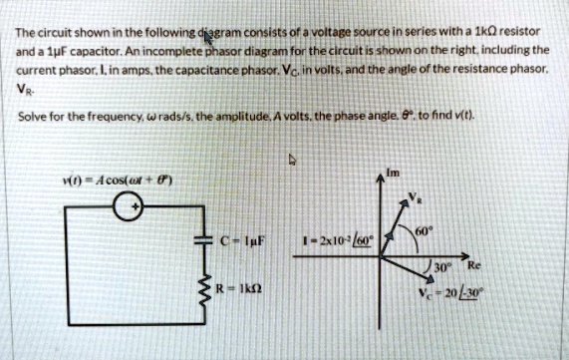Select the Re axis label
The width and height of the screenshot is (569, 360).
pyautogui.click(x=488, y=265)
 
